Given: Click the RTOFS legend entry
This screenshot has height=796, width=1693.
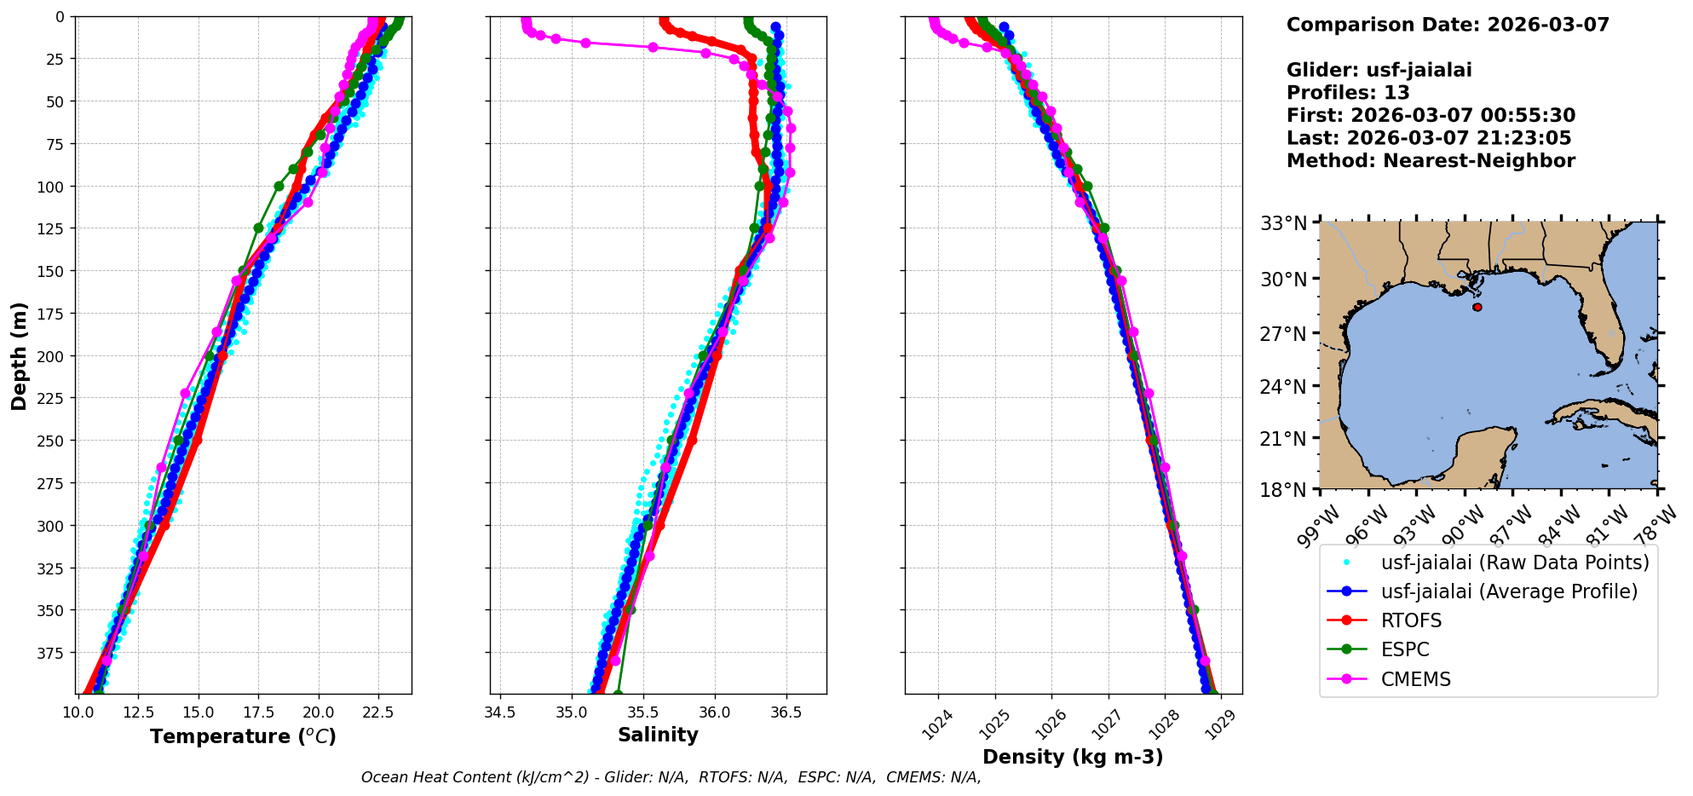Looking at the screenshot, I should pos(1411,620).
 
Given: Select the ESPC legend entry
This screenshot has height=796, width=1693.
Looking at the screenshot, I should pos(1405,649).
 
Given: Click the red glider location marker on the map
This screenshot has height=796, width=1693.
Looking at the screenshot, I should pos(1477,307).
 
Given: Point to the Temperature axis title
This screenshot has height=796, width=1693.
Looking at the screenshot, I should pos(243,736).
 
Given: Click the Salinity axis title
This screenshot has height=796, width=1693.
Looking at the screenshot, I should pos(658,735).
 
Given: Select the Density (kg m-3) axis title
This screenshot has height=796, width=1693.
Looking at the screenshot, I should pos(1073,757).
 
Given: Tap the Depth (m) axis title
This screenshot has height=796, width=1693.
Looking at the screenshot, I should pos(19,355).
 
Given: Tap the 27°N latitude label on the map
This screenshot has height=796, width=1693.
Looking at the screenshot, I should pos(1283,333).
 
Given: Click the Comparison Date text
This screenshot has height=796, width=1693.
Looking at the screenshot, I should pos(1448,25).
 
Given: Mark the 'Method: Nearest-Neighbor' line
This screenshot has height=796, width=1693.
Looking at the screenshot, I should pos(1431,161).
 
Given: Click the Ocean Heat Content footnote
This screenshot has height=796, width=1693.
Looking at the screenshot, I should pos(671,777).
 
